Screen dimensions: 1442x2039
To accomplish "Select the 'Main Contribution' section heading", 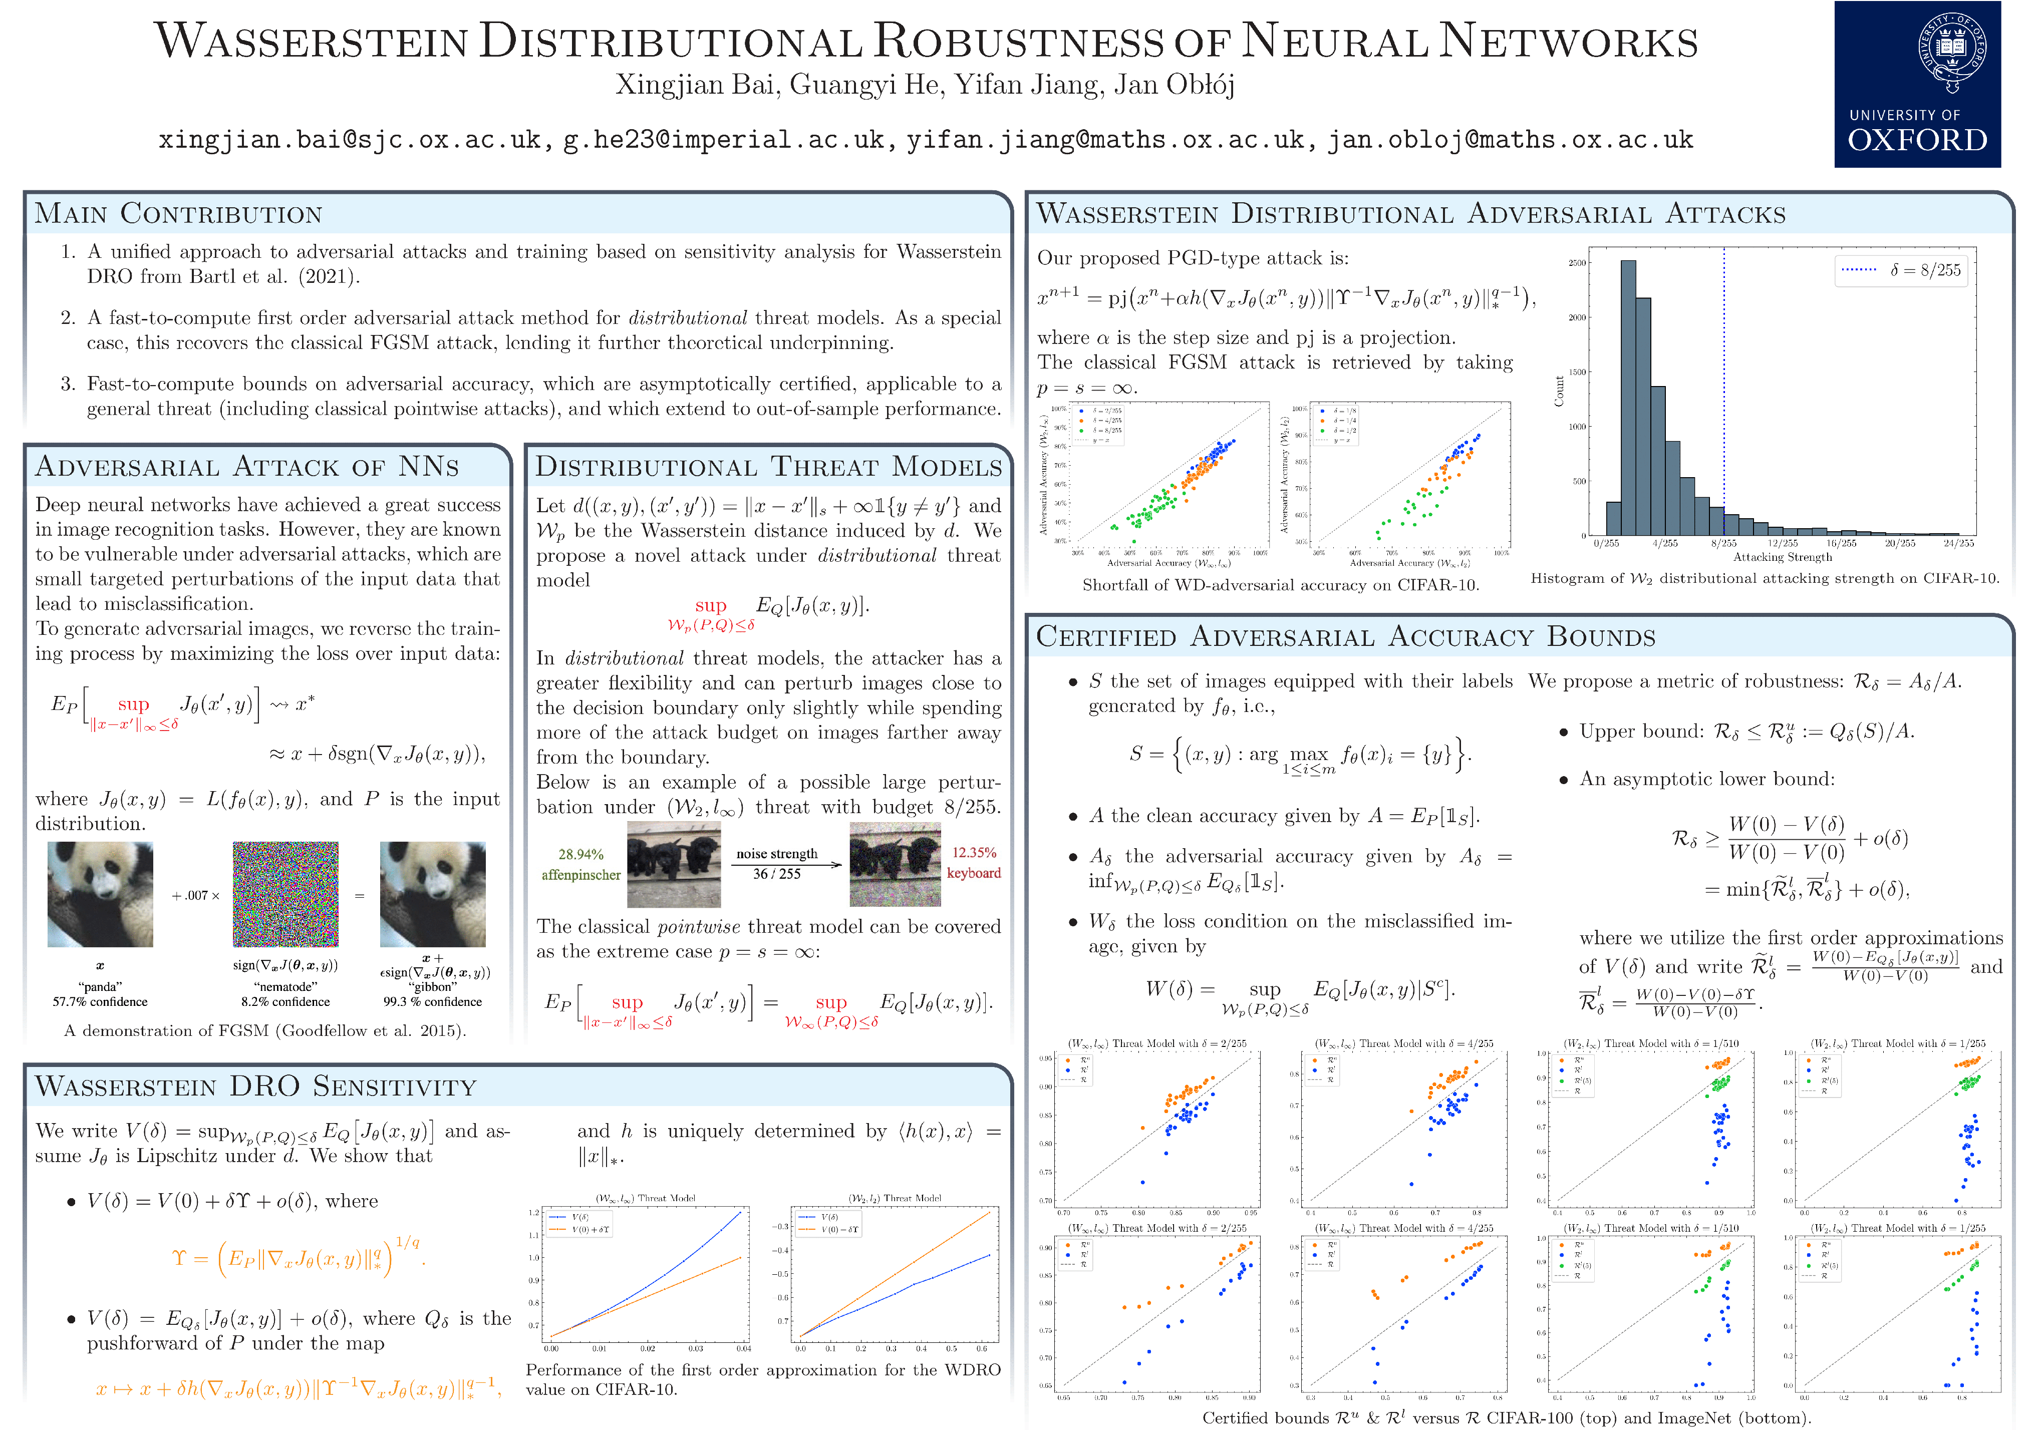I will (178, 214).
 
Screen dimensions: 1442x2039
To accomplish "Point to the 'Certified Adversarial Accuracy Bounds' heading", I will (1345, 637).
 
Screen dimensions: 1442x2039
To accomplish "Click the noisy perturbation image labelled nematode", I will (285, 894).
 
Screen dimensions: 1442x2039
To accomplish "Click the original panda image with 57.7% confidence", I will (100, 894).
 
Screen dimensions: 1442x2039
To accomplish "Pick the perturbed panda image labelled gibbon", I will (432, 894).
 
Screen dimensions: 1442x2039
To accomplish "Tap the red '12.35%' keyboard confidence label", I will (974, 852).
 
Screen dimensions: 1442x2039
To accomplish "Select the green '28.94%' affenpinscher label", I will (581, 854).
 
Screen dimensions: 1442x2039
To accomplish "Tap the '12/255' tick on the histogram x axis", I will (1783, 543).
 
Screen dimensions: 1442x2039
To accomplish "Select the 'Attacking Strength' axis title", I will (1783, 558).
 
